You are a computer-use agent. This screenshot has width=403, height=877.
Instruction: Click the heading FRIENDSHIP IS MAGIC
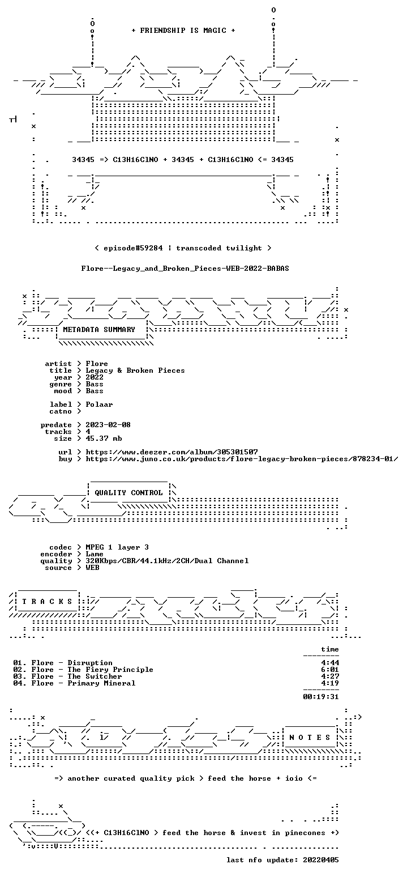[x=183, y=31]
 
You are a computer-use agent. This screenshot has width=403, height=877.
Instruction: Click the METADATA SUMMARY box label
[x=98, y=330]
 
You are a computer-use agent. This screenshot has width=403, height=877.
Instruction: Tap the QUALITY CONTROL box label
[x=128, y=493]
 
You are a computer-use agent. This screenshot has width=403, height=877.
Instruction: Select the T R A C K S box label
[x=47, y=602]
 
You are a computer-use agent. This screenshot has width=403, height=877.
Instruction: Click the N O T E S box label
[x=310, y=738]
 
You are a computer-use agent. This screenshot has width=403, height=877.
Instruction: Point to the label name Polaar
[x=99, y=405]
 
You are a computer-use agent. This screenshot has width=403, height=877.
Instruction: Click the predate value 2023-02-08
[x=108, y=425]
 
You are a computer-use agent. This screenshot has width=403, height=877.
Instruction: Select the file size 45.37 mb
[x=104, y=438]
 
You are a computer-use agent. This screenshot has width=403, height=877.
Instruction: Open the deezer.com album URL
[x=172, y=452]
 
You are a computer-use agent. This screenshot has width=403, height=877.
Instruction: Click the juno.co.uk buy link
[x=242, y=459]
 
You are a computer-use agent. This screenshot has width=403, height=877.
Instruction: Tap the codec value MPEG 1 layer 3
[x=117, y=547]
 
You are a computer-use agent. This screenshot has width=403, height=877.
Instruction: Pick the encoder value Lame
[x=95, y=554]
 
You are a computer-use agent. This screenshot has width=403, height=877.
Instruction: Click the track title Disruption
[x=90, y=663]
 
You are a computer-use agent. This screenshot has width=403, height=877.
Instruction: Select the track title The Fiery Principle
[x=110, y=670]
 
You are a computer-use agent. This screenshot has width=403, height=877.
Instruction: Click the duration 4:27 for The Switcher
[x=330, y=676]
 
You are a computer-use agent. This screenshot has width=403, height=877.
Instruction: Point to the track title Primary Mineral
[x=101, y=683]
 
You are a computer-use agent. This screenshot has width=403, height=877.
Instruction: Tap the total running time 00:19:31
[x=321, y=696]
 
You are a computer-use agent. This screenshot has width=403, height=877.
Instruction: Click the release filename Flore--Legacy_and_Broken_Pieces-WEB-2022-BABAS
[x=185, y=269]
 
